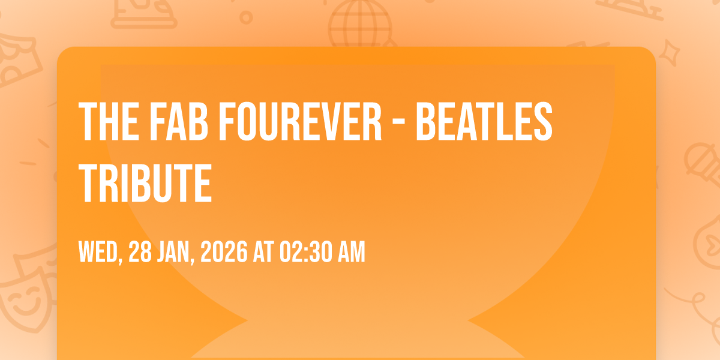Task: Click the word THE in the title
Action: [109, 121]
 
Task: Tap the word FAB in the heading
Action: [179, 121]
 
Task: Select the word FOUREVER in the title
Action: [300, 121]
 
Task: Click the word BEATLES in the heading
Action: [484, 121]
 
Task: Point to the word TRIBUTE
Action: [145, 182]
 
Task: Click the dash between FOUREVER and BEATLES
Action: [399, 124]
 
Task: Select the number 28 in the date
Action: [140, 252]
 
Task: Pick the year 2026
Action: [224, 252]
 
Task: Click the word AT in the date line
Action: [263, 252]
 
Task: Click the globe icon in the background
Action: [361, 23]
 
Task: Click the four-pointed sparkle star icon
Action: [669, 52]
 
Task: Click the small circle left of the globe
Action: [246, 17]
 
